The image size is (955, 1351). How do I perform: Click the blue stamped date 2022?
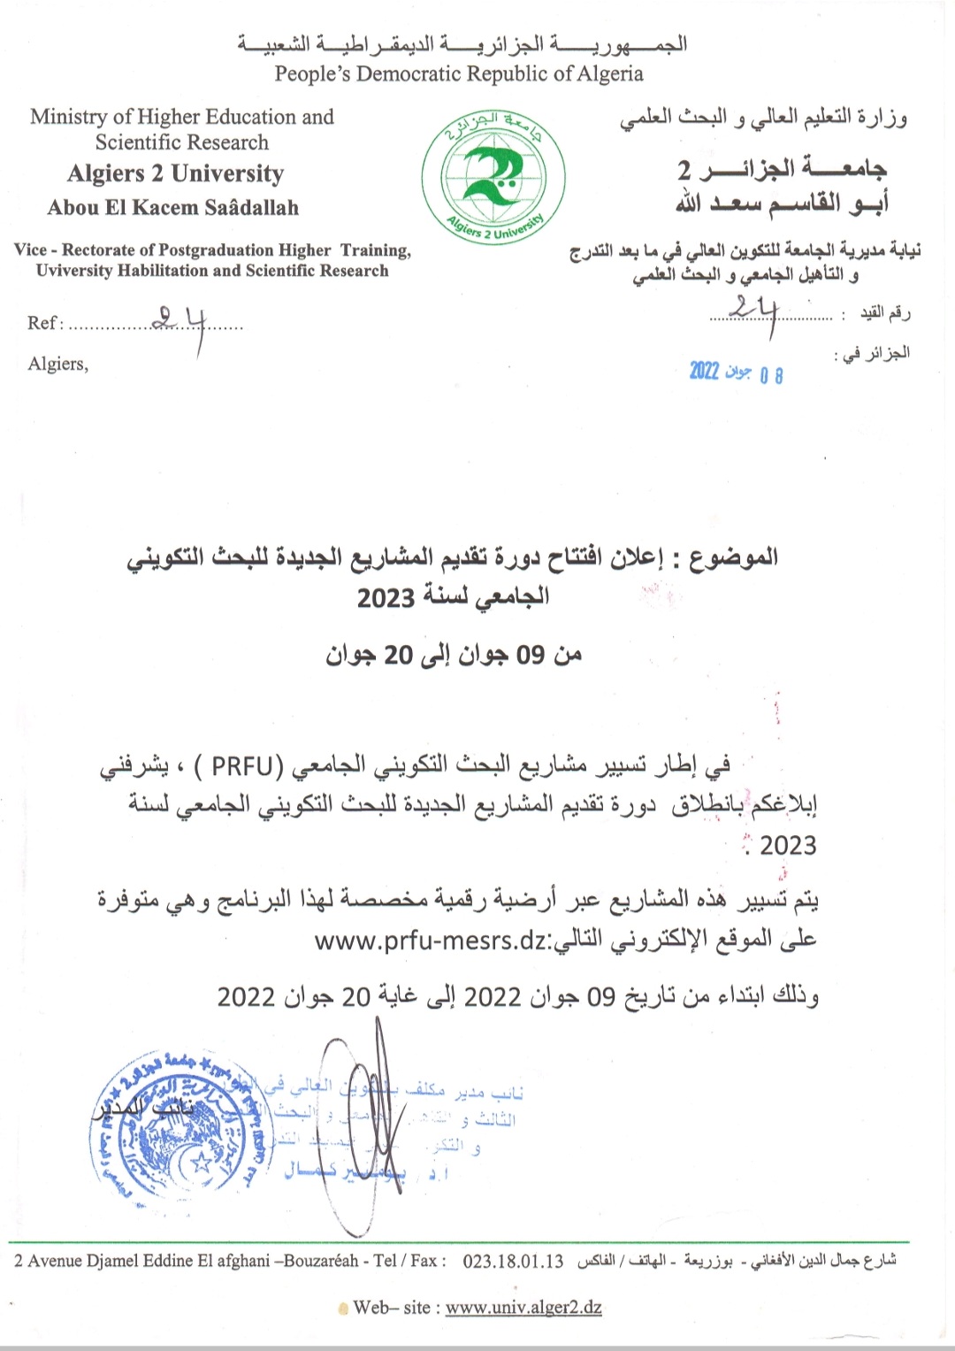(705, 371)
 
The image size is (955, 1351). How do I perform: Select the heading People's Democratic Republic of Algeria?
(458, 74)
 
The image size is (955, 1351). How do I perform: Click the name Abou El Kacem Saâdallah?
(173, 208)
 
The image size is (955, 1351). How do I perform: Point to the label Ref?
(45, 323)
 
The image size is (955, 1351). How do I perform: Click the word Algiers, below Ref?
(58, 364)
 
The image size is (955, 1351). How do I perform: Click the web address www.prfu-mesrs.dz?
(430, 940)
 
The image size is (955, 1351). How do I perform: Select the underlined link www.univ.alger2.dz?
(523, 1307)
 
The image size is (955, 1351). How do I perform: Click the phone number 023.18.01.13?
(513, 1261)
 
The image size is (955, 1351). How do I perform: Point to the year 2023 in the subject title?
(386, 598)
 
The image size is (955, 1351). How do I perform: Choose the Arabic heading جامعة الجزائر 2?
(782, 168)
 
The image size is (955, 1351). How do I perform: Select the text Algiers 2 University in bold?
(176, 173)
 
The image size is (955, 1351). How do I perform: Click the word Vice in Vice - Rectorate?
(30, 250)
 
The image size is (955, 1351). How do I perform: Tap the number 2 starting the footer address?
(19, 1261)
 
